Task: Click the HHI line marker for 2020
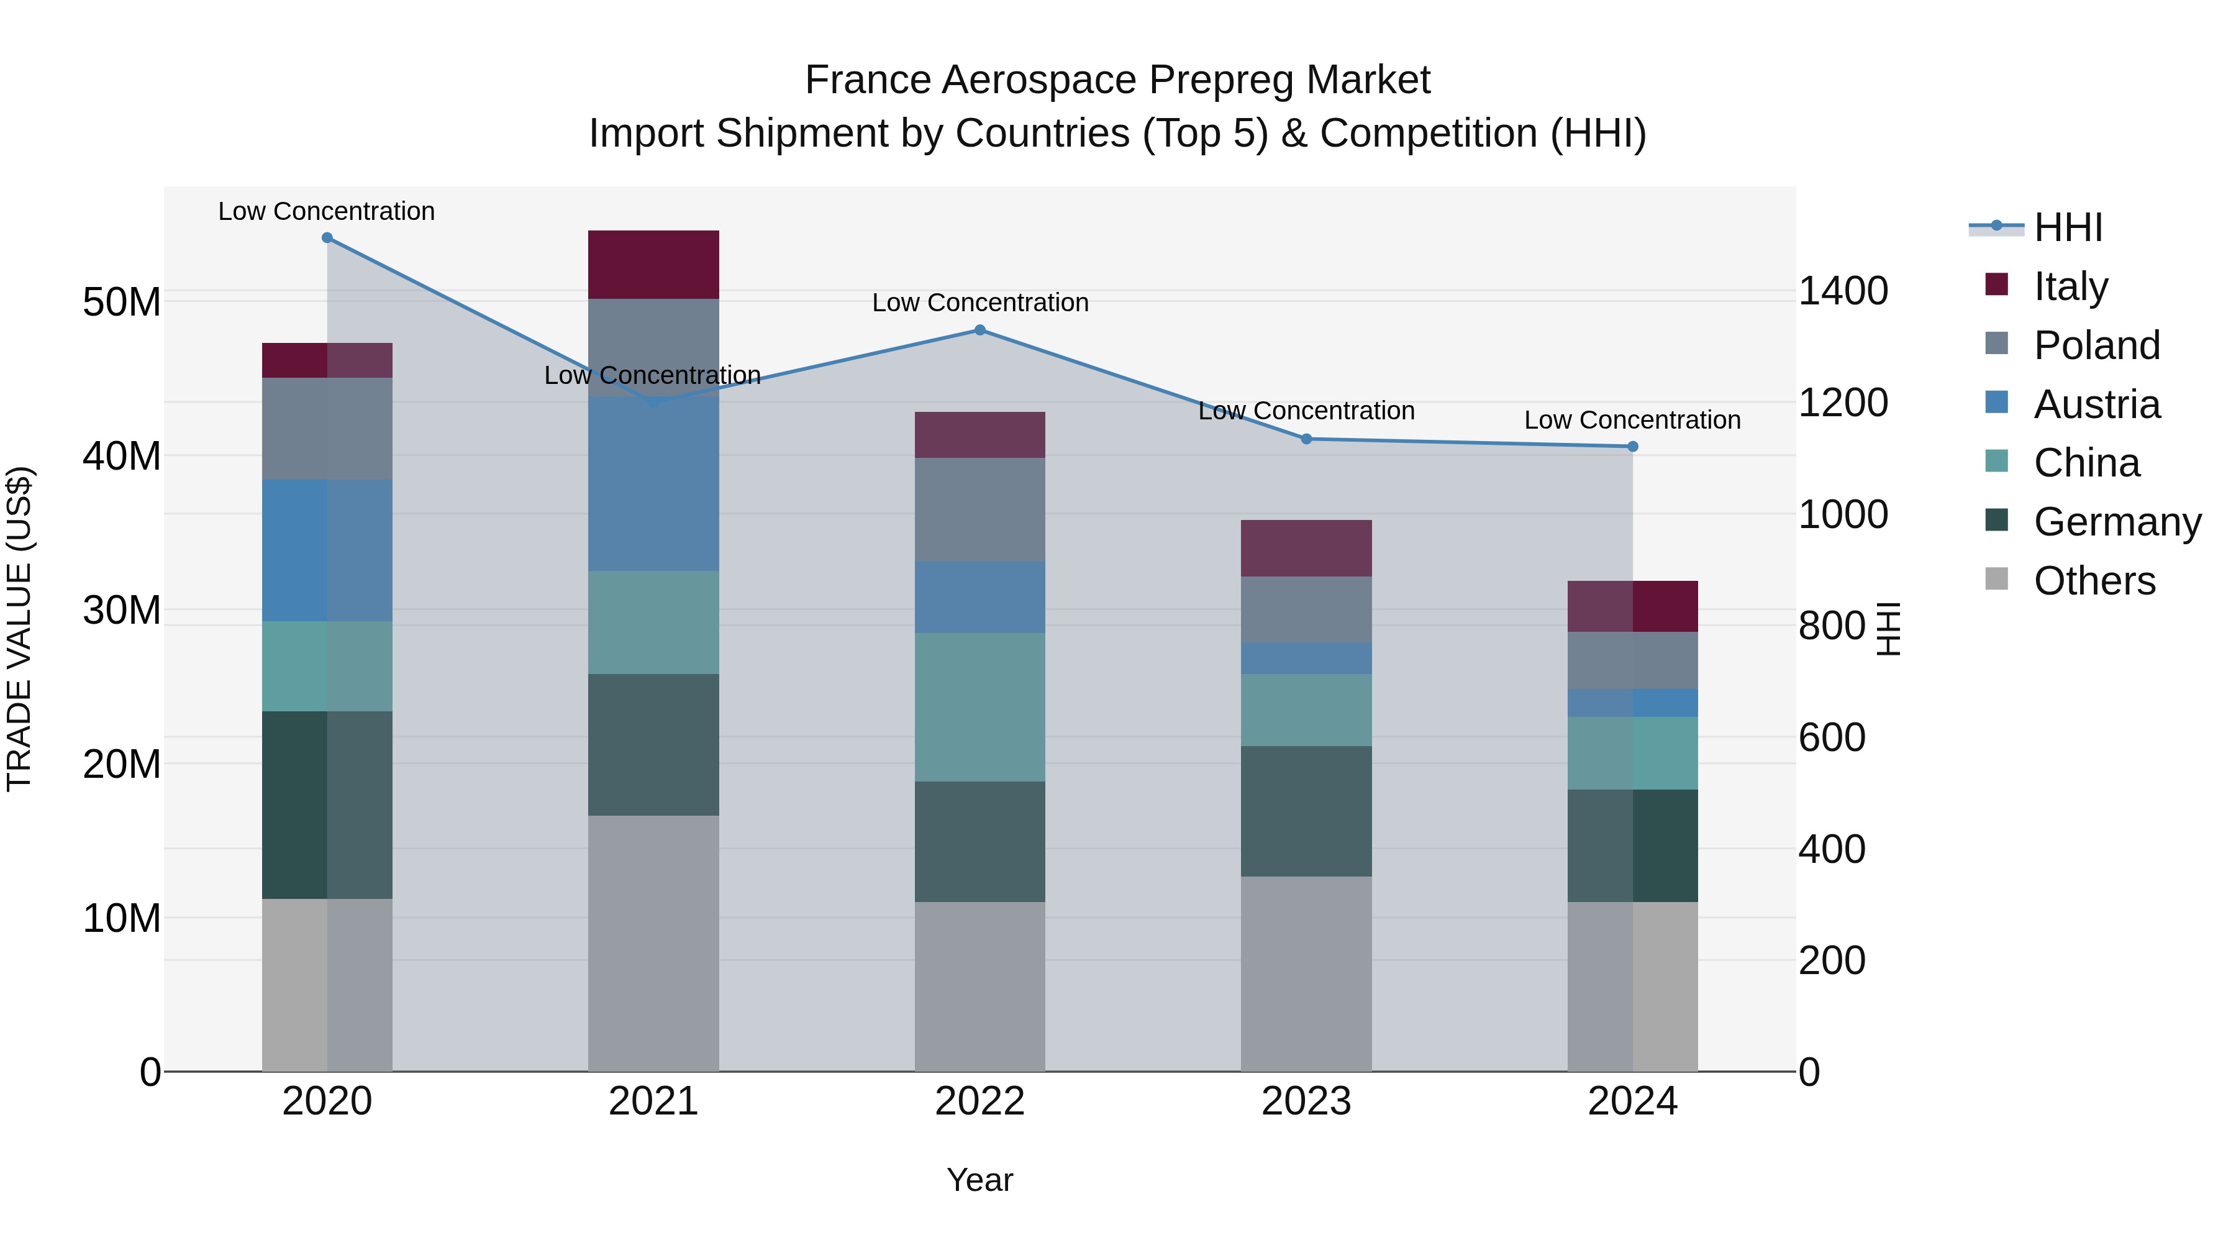[327, 238]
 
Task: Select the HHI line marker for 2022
[980, 330]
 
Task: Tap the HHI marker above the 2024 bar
[1633, 446]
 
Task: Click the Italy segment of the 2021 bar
[653, 265]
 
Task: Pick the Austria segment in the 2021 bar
[653, 483]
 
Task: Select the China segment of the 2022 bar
[980, 707]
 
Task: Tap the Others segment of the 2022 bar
[980, 987]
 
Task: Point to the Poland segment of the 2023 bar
[1306, 609]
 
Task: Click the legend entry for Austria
[2096, 404]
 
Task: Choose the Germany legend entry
[2116, 522]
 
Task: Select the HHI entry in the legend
[2068, 227]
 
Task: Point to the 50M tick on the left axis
[122, 302]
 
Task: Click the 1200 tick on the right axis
[1843, 403]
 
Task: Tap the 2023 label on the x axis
[1306, 1101]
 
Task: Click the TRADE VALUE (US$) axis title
[19, 629]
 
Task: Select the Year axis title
[980, 1180]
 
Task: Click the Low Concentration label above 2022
[980, 303]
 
